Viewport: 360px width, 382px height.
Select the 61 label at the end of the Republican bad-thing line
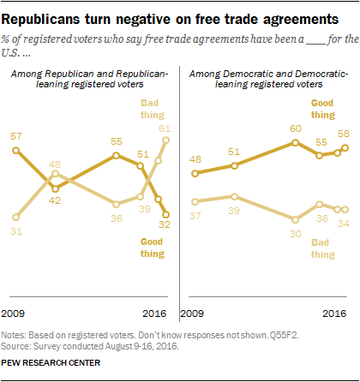[x=164, y=128]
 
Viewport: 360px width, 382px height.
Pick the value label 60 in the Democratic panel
[x=295, y=128]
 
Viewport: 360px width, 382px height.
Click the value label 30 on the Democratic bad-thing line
[x=295, y=231]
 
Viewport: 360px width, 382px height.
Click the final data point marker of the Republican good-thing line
[x=166, y=215]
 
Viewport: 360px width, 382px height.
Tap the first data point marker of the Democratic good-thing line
[x=196, y=173]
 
